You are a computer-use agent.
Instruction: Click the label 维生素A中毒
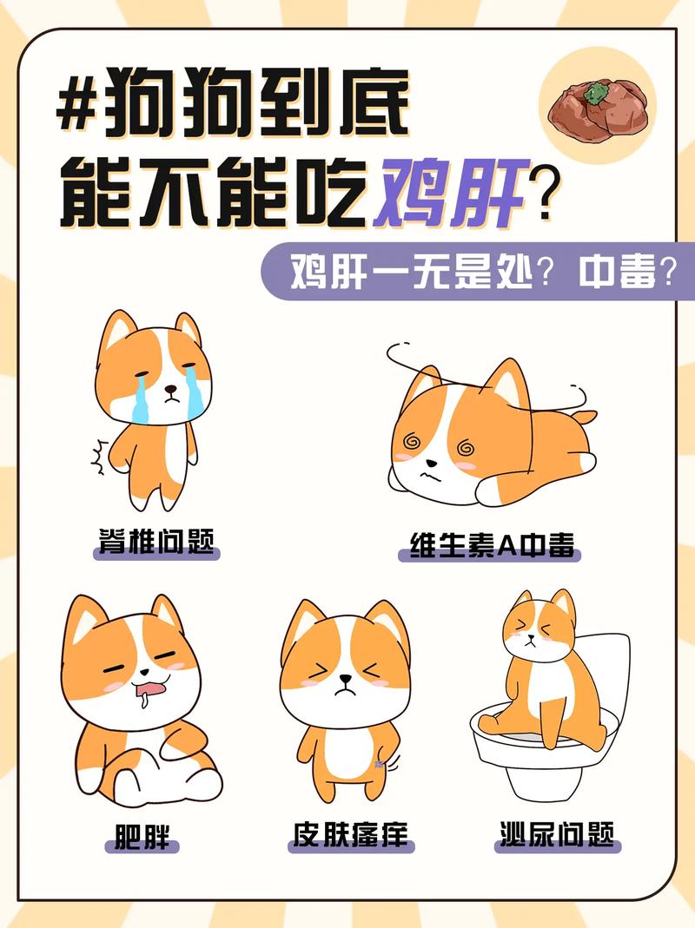pos(491,545)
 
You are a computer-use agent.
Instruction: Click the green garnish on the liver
pos(595,92)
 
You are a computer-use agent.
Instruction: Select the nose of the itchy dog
pos(346,679)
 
